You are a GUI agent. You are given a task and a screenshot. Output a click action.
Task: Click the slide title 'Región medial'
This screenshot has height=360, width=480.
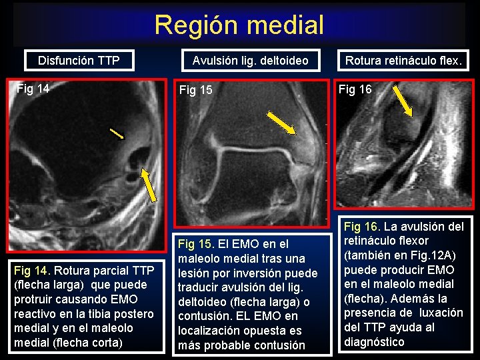click(239, 25)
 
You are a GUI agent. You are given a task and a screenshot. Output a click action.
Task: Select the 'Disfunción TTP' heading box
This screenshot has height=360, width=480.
click(79, 61)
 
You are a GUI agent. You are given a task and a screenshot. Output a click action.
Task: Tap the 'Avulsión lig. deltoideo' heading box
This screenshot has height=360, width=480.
click(251, 61)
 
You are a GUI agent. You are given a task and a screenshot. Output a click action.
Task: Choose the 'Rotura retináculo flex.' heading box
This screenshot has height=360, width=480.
click(403, 61)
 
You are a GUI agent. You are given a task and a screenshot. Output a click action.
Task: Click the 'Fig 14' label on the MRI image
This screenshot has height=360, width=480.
click(33, 87)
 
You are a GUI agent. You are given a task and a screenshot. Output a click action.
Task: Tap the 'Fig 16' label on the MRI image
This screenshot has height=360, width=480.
click(355, 89)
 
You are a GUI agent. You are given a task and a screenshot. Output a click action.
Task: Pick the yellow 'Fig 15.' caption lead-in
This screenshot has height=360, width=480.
click(195, 243)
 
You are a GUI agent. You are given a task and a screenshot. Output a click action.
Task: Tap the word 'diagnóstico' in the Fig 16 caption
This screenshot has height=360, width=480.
click(374, 342)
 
